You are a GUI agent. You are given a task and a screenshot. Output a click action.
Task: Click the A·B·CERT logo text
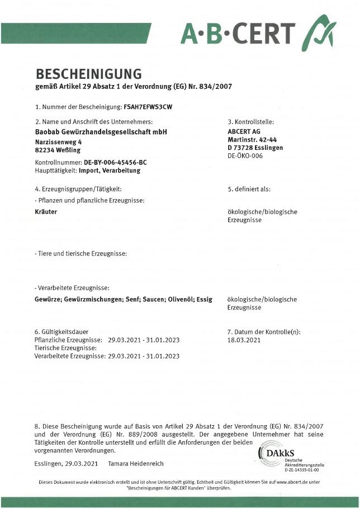pyautogui.click(x=238, y=33)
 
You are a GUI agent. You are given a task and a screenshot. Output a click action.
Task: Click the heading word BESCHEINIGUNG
pyautogui.click(x=88, y=73)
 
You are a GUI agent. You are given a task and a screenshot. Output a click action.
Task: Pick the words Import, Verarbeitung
pyautogui.click(x=110, y=170)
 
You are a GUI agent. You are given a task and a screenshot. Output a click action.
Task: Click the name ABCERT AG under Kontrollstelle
pyautogui.click(x=243, y=131)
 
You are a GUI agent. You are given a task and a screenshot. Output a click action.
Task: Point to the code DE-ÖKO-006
pyautogui.click(x=245, y=156)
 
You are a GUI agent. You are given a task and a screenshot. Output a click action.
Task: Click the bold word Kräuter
pyautogui.click(x=46, y=212)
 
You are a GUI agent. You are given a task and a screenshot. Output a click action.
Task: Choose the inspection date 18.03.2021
pyautogui.click(x=244, y=340)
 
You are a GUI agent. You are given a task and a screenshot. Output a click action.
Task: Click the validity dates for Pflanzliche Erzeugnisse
pyautogui.click(x=144, y=340)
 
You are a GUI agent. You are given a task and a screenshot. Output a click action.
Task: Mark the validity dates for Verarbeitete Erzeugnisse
pyautogui.click(x=144, y=356)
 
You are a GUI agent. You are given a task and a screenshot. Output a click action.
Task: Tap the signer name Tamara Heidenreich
pyautogui.click(x=136, y=464)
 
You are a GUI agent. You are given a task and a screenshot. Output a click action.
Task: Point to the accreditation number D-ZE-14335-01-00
pyautogui.click(x=302, y=470)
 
